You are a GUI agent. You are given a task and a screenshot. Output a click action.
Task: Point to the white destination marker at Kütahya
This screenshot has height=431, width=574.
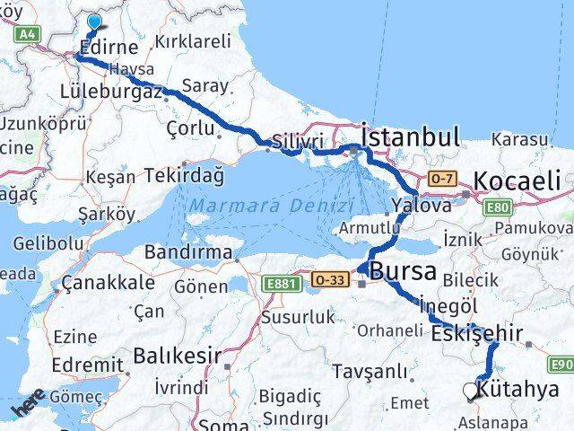point(471,391)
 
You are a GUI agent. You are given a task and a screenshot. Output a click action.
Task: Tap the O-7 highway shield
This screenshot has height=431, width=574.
point(441,178)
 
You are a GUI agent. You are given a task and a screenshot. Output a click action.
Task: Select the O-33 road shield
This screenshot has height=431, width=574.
point(331,279)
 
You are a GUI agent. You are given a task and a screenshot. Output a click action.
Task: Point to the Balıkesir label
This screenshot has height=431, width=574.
point(177,356)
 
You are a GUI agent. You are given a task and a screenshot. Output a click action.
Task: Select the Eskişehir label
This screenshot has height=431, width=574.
point(476,333)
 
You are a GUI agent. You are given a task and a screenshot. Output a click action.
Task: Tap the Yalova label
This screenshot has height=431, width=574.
point(420,206)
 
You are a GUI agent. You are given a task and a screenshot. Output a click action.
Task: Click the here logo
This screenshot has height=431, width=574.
point(29,407)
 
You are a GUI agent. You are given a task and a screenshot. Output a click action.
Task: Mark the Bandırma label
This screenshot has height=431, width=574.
point(188,252)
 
